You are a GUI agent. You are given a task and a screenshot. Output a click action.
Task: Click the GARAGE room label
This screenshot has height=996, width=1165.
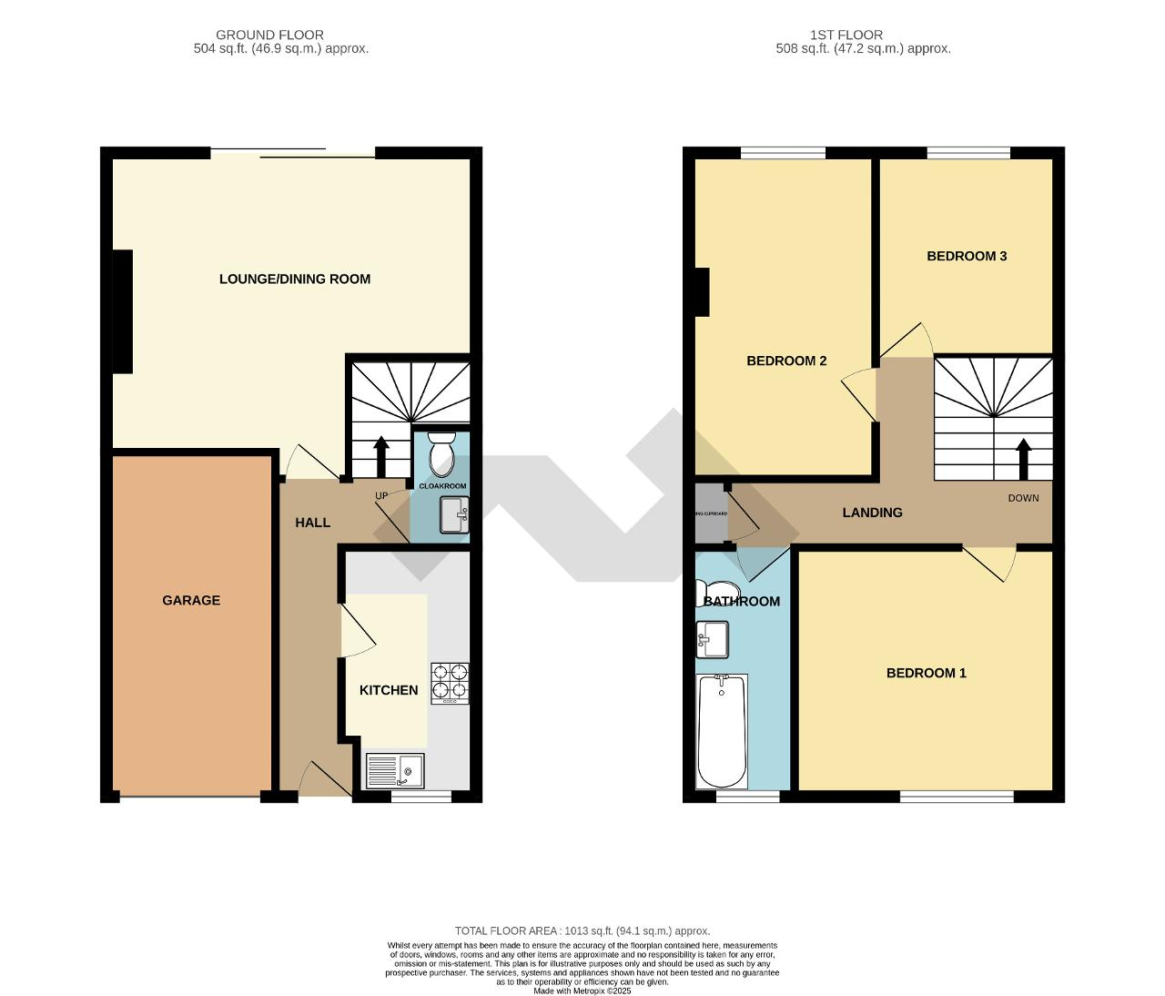click(191, 600)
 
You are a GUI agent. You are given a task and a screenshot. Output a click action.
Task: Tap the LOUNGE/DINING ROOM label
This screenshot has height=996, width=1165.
click(295, 279)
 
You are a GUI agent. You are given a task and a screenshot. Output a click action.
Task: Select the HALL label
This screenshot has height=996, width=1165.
click(312, 523)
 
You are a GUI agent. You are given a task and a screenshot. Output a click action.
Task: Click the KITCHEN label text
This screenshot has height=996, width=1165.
click(389, 690)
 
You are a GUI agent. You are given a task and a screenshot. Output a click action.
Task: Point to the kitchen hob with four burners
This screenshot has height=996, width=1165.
click(450, 682)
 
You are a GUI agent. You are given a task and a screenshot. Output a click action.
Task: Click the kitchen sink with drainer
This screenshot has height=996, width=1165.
click(395, 771)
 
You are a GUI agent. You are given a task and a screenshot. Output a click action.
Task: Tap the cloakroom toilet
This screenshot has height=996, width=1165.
click(441, 454)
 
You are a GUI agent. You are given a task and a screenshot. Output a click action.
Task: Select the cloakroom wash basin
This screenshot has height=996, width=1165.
click(453, 515)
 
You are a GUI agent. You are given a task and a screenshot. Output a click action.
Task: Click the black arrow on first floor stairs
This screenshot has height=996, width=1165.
click(1023, 459)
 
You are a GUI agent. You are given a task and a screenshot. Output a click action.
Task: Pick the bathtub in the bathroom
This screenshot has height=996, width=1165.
click(722, 731)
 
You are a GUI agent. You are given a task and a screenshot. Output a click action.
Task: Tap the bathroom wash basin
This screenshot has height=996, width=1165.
click(713, 639)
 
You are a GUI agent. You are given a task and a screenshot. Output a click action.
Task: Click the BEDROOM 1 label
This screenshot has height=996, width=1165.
click(926, 673)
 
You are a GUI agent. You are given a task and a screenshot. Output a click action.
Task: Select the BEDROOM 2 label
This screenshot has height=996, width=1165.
click(786, 361)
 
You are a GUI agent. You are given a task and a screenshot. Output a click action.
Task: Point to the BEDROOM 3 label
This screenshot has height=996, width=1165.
click(967, 256)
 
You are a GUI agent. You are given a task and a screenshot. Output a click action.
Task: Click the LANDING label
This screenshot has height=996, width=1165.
click(872, 513)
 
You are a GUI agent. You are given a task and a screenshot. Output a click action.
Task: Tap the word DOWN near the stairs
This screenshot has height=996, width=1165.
click(1023, 498)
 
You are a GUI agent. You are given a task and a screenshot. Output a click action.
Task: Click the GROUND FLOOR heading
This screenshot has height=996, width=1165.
click(269, 35)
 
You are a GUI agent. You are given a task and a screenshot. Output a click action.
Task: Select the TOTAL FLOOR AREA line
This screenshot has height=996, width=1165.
click(582, 930)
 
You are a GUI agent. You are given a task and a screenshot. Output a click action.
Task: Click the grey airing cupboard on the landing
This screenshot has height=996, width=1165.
click(710, 513)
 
